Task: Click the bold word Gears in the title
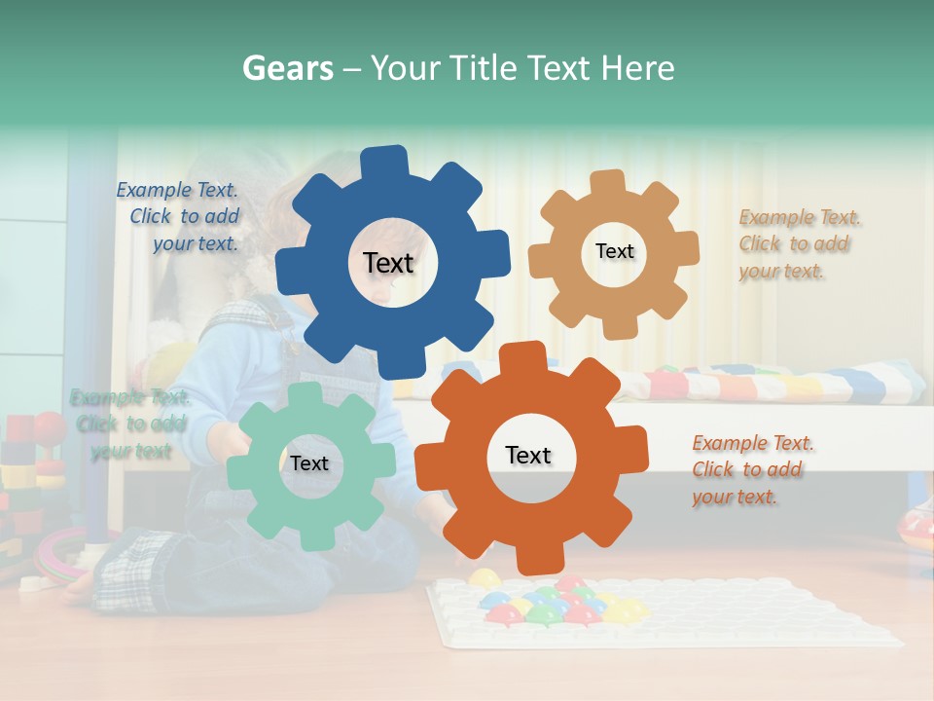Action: [x=288, y=68]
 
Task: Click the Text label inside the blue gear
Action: [x=388, y=263]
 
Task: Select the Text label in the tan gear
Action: [x=614, y=251]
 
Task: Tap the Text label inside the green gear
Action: [x=309, y=463]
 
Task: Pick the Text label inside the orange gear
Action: [x=528, y=455]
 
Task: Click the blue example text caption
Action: [x=179, y=216]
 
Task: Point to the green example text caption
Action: [x=129, y=424]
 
